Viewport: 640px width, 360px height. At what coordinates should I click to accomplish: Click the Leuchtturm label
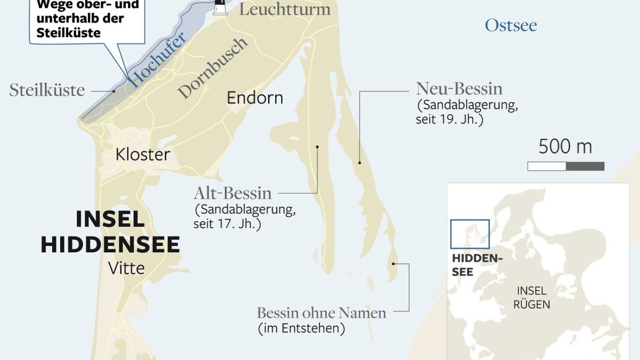pyautogui.click(x=284, y=9)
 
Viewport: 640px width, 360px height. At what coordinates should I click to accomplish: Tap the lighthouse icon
pyautogui.click(x=219, y=6)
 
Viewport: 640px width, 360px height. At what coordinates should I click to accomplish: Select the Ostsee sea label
pyautogui.click(x=510, y=25)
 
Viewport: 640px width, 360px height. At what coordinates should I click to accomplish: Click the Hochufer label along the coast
pyautogui.click(x=158, y=60)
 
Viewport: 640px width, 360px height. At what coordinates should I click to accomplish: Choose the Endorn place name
pyautogui.click(x=255, y=98)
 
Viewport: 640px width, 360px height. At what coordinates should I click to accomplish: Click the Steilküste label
pyautogui.click(x=47, y=90)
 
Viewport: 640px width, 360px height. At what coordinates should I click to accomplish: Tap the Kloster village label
pyautogui.click(x=143, y=155)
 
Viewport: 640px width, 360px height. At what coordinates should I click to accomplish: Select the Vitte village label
pyautogui.click(x=126, y=268)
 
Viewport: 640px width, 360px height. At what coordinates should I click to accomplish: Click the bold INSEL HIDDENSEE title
pyautogui.click(x=110, y=232)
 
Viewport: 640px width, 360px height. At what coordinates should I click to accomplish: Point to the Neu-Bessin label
pyautogui.click(x=459, y=88)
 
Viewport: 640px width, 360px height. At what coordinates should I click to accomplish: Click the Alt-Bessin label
pyautogui.click(x=233, y=193)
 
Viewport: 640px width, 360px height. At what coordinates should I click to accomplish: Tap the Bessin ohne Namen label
pyautogui.click(x=321, y=313)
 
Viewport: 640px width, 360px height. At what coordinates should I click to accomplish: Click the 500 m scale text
pyautogui.click(x=565, y=147)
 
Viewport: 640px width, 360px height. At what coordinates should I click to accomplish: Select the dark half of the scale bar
pyautogui.click(x=585, y=166)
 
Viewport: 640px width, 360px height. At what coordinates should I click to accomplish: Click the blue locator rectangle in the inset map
pyautogui.click(x=469, y=234)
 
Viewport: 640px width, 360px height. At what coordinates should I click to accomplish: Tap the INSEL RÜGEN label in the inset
pyautogui.click(x=531, y=298)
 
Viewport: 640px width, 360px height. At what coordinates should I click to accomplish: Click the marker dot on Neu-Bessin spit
pyautogui.click(x=359, y=163)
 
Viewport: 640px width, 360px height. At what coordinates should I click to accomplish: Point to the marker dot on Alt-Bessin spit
pyautogui.click(x=317, y=147)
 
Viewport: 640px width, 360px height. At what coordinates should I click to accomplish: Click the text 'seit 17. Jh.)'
pyautogui.click(x=227, y=224)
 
